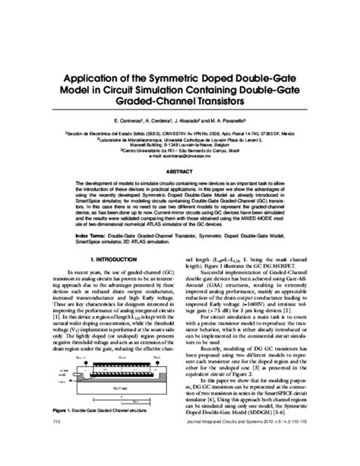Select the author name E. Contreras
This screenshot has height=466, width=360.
[x=128, y=122]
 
